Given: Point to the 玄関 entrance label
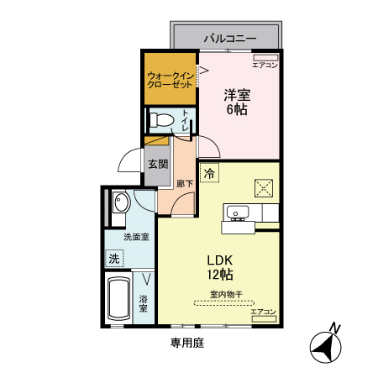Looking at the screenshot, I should pyautogui.click(x=158, y=164).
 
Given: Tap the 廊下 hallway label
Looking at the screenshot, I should pyautogui.click(x=184, y=182).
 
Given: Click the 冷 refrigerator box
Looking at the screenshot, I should pyautogui.click(x=209, y=173).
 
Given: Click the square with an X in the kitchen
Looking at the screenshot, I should pyautogui.click(x=265, y=186).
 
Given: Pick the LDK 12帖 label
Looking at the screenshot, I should pyautogui.click(x=220, y=266).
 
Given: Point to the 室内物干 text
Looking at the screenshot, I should pyautogui.click(x=225, y=295).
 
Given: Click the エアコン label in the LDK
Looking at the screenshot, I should pyautogui.click(x=264, y=312).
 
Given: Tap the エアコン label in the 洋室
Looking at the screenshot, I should pyautogui.click(x=265, y=64).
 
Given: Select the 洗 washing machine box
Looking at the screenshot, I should pyautogui.click(x=113, y=259).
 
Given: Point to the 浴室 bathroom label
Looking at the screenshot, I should pyautogui.click(x=144, y=303).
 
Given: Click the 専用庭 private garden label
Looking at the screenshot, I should pyautogui.click(x=187, y=343).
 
